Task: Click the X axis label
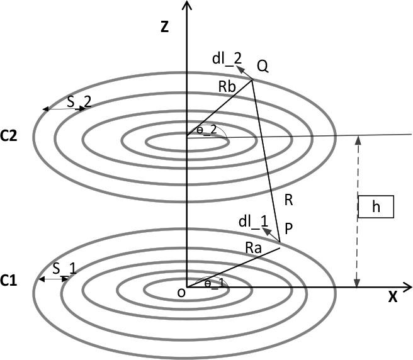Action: click(x=392, y=298)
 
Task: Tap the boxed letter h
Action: click(x=376, y=207)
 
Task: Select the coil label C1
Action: click(x=11, y=280)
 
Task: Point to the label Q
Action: click(x=263, y=66)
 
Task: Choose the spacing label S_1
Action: click(x=64, y=269)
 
